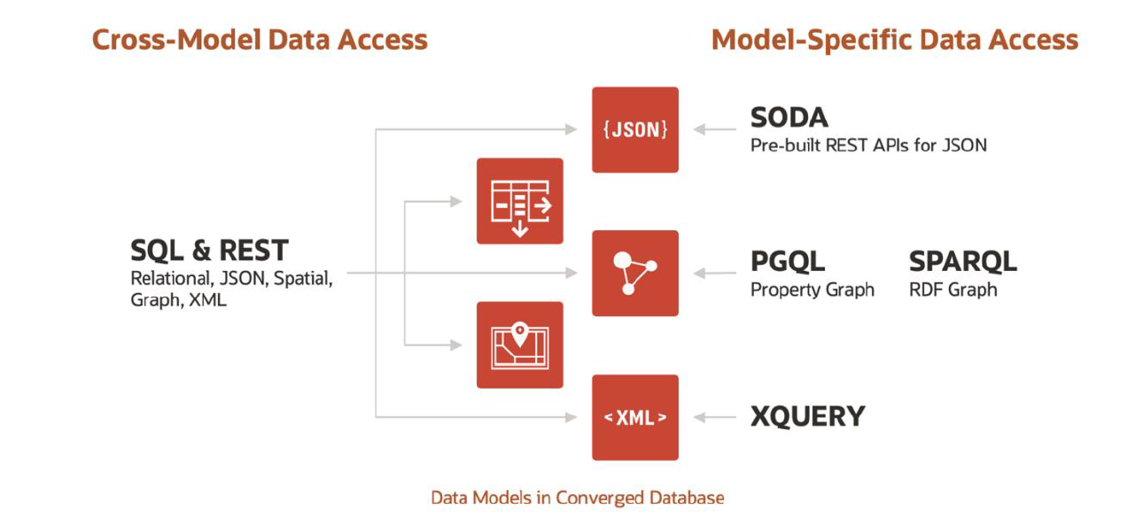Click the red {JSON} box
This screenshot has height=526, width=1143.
coord(634,129)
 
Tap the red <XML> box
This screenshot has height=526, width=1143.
coord(634,417)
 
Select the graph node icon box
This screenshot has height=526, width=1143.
coord(634,273)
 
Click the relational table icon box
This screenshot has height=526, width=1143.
coord(519,201)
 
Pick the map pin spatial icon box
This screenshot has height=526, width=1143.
coord(519,344)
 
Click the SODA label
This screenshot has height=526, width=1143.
coord(789,118)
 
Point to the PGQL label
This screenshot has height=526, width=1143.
coord(788,261)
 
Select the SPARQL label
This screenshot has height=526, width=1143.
coord(963,261)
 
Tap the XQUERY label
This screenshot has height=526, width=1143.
coord(807,416)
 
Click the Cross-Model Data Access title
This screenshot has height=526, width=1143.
coord(260,40)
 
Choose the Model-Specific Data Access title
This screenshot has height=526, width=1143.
coord(895,40)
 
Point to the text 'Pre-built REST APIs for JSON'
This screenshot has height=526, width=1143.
coord(868,144)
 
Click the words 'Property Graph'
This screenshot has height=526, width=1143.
coord(812,290)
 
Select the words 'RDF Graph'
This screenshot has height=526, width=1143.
coord(952,290)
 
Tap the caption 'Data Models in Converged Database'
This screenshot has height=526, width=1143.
coord(577,498)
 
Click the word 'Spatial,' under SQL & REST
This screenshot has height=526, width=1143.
coord(303,278)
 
